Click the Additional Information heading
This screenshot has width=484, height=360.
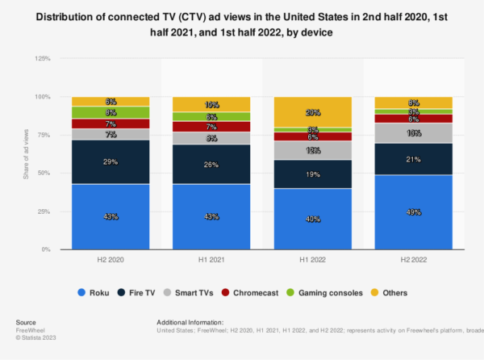click(194, 322)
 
